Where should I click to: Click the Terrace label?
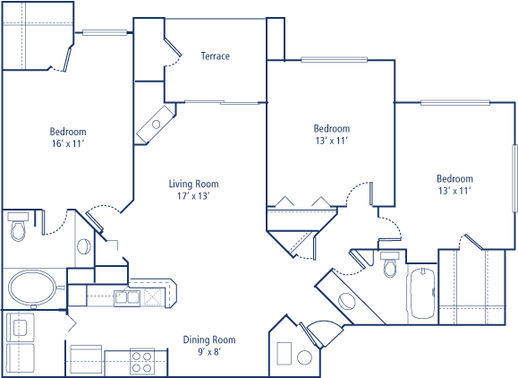tap(216, 56)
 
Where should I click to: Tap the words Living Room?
tap(193, 184)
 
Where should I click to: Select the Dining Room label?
tap(209, 339)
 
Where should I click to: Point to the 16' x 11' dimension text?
tap(67, 143)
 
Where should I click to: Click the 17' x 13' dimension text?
tap(193, 196)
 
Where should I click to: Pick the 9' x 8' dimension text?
tap(209, 351)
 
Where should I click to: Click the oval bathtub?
tap(32, 288)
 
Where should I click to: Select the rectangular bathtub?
tap(422, 293)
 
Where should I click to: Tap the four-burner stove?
tap(142, 362)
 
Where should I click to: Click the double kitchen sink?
tap(127, 297)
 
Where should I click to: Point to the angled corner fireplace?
tap(156, 125)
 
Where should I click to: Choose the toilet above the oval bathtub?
tap(18, 227)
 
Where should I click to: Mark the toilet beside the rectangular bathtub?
tap(390, 264)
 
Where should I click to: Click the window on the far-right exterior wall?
tap(514, 178)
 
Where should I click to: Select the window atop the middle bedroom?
tap(335, 59)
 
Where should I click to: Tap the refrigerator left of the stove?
tap(86, 360)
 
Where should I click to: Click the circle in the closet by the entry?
tap(304, 357)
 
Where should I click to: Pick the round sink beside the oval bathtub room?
tap(83, 246)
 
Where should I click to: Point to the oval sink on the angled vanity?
tap(347, 301)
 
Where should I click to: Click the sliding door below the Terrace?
tap(222, 102)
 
